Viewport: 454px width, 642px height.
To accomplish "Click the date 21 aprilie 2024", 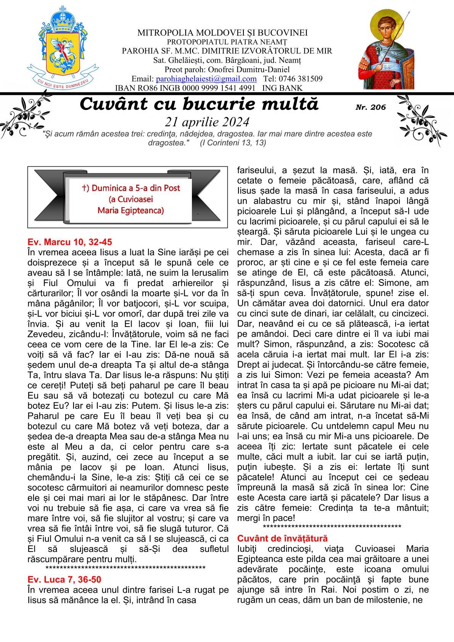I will tap(207, 122).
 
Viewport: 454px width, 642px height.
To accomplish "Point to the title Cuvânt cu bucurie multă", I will tap(199, 105).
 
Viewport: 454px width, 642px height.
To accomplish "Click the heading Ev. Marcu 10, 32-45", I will tap(70, 242).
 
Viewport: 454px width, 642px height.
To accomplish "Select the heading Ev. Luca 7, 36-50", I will tap(64, 579).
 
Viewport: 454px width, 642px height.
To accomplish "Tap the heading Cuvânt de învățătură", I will tap(282, 538).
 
